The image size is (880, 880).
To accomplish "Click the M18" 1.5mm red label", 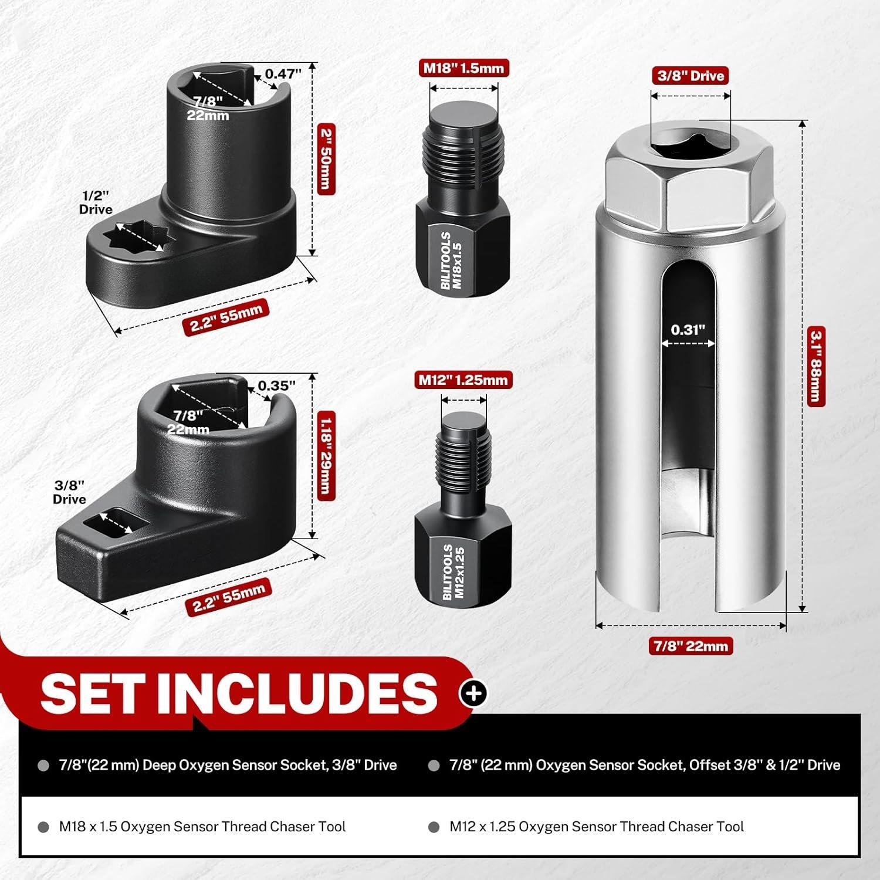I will pos(463,68).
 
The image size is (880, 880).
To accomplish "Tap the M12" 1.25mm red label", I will pos(463,380).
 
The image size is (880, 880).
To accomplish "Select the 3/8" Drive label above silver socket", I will pos(691,76).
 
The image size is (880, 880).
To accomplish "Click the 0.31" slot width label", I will pos(688,330).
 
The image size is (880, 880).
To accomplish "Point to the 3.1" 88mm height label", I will pos(815,367).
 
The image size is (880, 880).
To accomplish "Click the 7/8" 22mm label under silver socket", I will pos(691,647).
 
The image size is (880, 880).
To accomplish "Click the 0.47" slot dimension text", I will pos(283,74).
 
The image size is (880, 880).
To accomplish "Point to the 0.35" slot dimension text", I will pos(276,385).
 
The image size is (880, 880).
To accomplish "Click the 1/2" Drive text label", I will pos(96,202).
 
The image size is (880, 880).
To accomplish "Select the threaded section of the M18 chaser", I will pos(463,153).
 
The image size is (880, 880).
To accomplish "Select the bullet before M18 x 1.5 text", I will pos(43,827).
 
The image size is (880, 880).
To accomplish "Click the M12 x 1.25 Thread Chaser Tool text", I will pos(597,827).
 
